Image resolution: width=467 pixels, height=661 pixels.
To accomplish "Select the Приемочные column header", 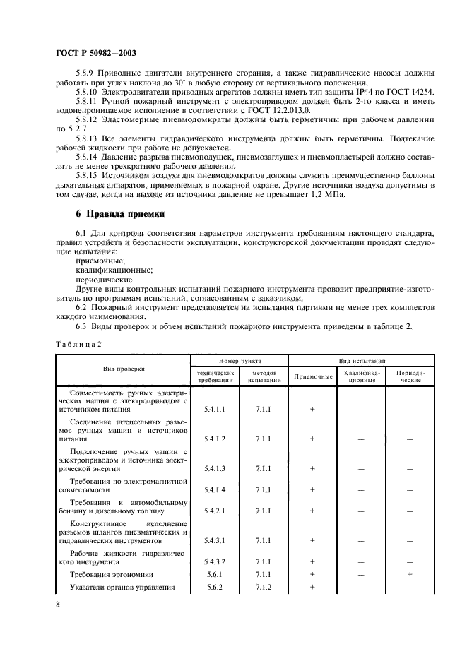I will pos(312,376).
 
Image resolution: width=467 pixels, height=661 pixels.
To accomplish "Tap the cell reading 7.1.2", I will pos(264,587).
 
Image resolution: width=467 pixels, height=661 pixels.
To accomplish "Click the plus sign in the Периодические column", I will pos(410,575).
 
